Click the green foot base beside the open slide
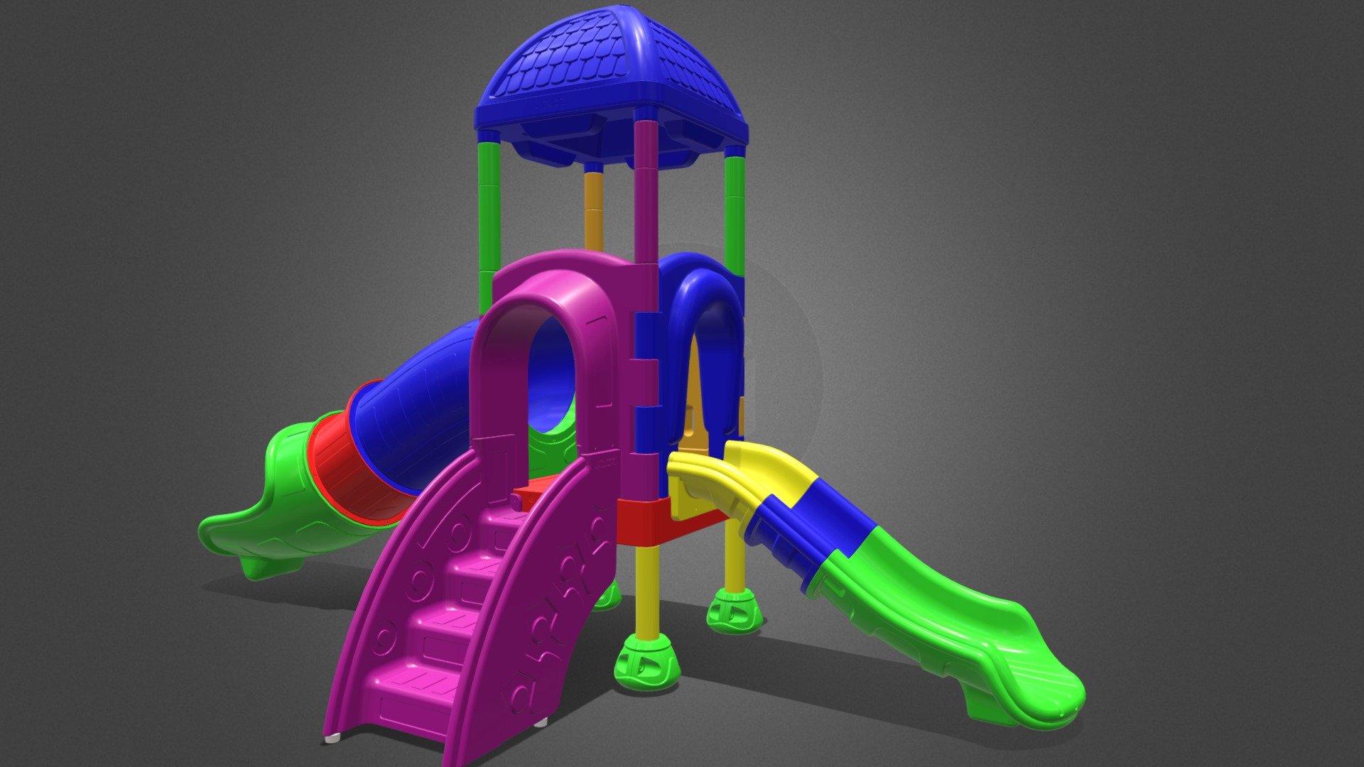pos(734,611)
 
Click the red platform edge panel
pos(643,522)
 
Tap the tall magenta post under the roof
pos(646,192)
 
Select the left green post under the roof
pos(489,213)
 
